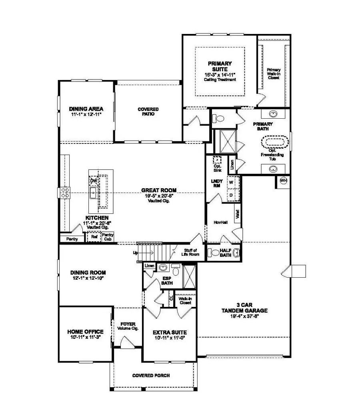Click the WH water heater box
pyautogui.click(x=283, y=181)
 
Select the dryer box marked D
pyautogui.click(x=231, y=195)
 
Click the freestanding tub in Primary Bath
pyautogui.click(x=275, y=142)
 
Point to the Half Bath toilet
pyautogui.click(x=214, y=253)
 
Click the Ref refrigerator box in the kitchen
pyautogui.click(x=94, y=237)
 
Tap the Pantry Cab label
pyautogui.click(x=108, y=237)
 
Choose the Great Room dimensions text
pyautogui.click(x=158, y=196)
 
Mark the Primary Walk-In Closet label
pyautogui.click(x=274, y=74)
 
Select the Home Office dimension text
pyautogui.click(x=86, y=337)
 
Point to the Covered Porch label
pyautogui.click(x=151, y=376)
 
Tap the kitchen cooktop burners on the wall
pyautogui.click(x=65, y=193)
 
